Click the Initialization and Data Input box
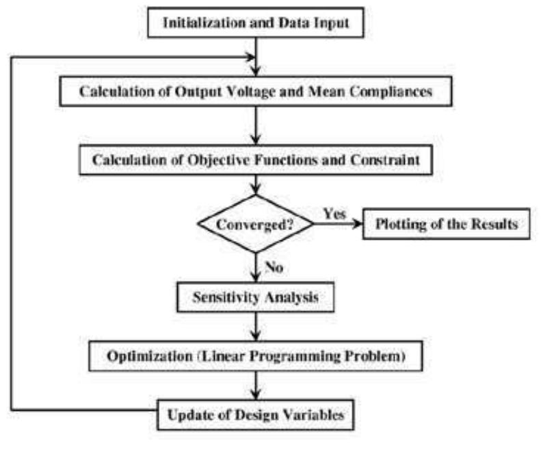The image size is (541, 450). (255, 23)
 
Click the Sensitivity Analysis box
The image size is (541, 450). (255, 298)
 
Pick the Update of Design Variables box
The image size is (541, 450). (255, 414)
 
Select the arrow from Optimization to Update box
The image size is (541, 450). (255, 384)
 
